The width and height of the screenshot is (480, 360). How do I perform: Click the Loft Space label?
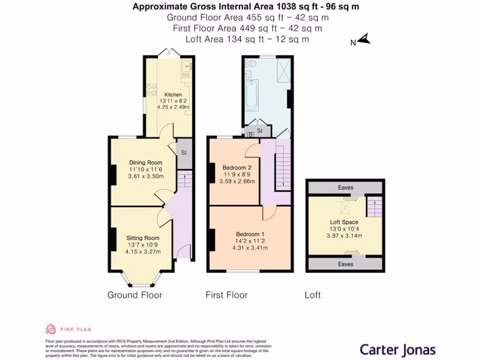coord(344,222)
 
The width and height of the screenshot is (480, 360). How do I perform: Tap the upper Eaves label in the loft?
coord(345,187)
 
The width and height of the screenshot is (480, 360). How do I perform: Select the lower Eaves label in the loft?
coord(345,264)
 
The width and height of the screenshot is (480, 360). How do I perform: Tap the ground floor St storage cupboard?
coord(184,153)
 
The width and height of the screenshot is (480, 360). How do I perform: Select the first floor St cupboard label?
coord(259,131)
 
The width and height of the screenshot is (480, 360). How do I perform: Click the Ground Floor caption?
coord(135,295)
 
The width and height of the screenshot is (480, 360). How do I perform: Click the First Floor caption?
coord(226,295)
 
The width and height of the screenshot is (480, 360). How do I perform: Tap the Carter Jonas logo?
coord(397,349)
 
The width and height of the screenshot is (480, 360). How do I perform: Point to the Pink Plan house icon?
coord(51,329)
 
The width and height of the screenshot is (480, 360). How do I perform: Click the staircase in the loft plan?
coord(374,206)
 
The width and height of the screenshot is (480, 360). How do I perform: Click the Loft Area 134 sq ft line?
coord(247,39)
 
